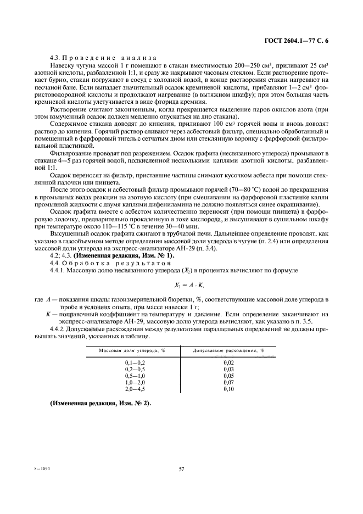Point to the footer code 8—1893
point(33,470)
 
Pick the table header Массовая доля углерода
point(132,350)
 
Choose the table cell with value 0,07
point(229,382)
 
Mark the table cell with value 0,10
point(229,388)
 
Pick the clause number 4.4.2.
point(58,328)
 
